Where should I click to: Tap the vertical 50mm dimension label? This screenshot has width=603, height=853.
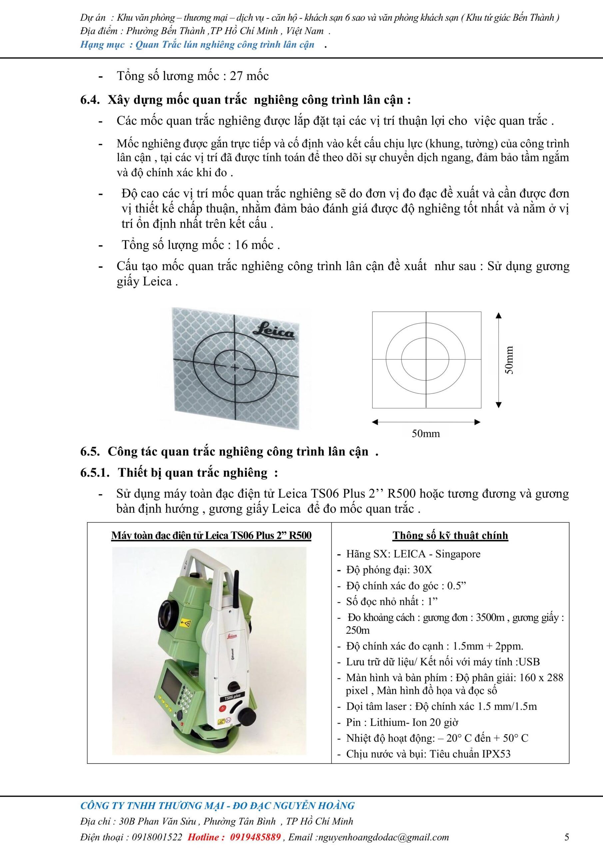(509, 360)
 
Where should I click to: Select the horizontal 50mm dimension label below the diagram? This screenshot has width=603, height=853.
(425, 433)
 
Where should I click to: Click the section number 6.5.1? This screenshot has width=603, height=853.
(95, 472)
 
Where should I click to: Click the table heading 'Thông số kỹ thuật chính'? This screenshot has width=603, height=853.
(450, 535)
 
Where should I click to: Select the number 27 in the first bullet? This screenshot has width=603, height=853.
(237, 76)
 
